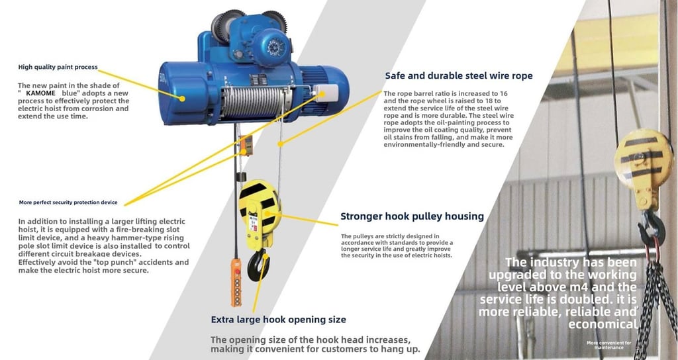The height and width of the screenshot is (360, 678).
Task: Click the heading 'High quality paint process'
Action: (58, 67)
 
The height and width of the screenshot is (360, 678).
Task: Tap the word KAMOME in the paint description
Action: (40, 93)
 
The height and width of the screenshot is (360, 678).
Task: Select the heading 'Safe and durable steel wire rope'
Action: (459, 75)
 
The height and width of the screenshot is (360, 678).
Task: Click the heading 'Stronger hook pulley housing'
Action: (412, 216)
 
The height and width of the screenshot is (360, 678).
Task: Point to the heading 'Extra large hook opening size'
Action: (279, 320)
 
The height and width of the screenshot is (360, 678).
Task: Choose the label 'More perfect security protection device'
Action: (68, 202)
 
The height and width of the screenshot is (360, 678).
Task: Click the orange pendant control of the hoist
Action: (236, 282)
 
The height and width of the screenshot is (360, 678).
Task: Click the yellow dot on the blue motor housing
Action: (182, 99)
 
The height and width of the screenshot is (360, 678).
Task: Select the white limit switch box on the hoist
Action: (326, 93)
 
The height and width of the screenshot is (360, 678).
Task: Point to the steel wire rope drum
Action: (252, 103)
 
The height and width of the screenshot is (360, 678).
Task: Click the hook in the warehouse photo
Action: (652, 230)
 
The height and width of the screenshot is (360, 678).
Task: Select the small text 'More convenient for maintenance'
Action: (609, 345)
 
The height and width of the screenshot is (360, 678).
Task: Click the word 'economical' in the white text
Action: (603, 324)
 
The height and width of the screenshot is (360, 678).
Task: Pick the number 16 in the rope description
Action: (503, 93)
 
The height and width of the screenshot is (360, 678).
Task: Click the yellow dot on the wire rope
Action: (280, 144)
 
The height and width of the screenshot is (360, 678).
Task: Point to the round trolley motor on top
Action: (271, 47)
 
